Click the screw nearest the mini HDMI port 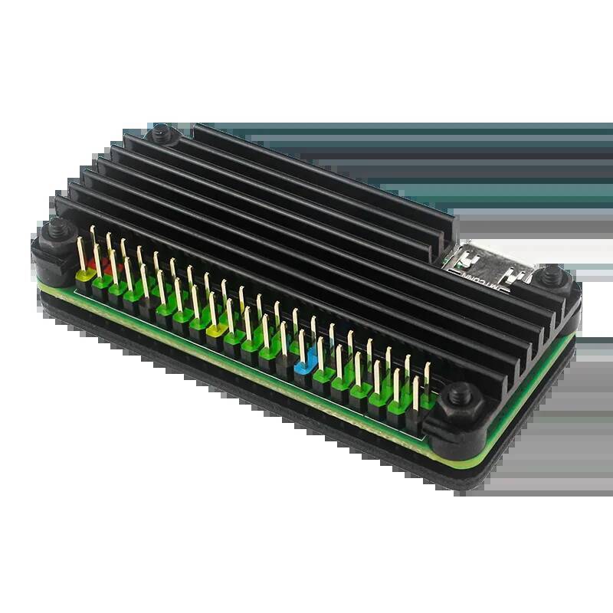coord(550,274)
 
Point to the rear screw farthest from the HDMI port coord(162,135)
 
